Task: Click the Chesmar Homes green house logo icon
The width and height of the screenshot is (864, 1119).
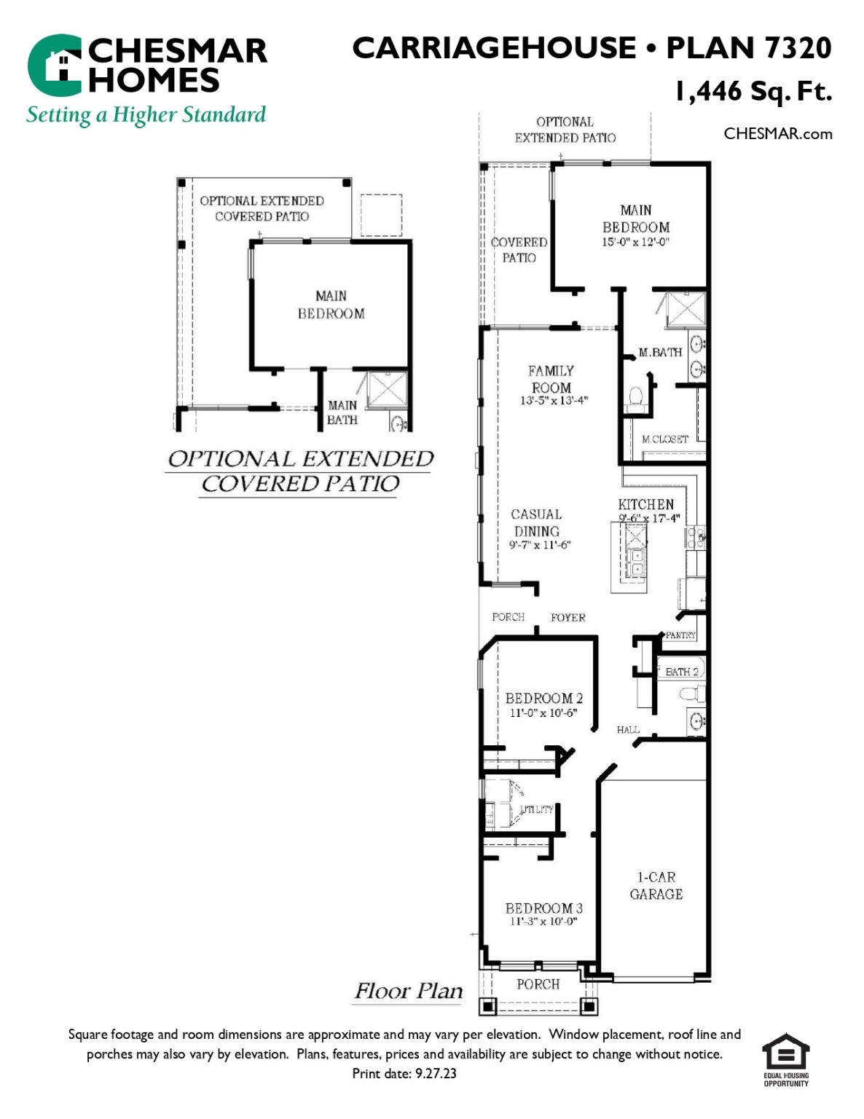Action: [x=55, y=65]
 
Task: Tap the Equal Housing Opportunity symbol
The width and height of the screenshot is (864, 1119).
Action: [x=785, y=1059]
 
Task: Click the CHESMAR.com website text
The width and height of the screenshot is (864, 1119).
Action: [x=777, y=134]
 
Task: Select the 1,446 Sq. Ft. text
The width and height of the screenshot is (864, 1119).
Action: [x=753, y=92]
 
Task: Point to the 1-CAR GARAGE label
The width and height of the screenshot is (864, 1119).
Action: [x=656, y=886]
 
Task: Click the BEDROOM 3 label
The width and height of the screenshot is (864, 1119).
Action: [x=543, y=908]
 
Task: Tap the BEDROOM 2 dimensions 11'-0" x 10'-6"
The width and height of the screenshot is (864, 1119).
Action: [x=543, y=713]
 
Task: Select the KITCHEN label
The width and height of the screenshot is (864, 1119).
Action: [x=645, y=504]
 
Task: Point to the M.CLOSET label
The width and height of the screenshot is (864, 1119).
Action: [x=664, y=439]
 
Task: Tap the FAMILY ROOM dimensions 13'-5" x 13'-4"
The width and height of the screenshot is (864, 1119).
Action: [x=554, y=401]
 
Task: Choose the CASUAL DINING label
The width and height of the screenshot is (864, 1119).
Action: [x=537, y=523]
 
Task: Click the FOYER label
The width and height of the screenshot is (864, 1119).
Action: [x=568, y=618]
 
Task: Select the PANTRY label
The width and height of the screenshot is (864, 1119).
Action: [x=680, y=635]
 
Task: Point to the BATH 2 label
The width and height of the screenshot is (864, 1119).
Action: [x=681, y=672]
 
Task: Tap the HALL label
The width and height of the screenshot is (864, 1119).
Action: [x=627, y=730]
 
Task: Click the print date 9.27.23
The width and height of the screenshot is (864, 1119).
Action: [x=404, y=1074]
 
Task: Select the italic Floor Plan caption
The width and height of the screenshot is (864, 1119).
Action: [x=408, y=992]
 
